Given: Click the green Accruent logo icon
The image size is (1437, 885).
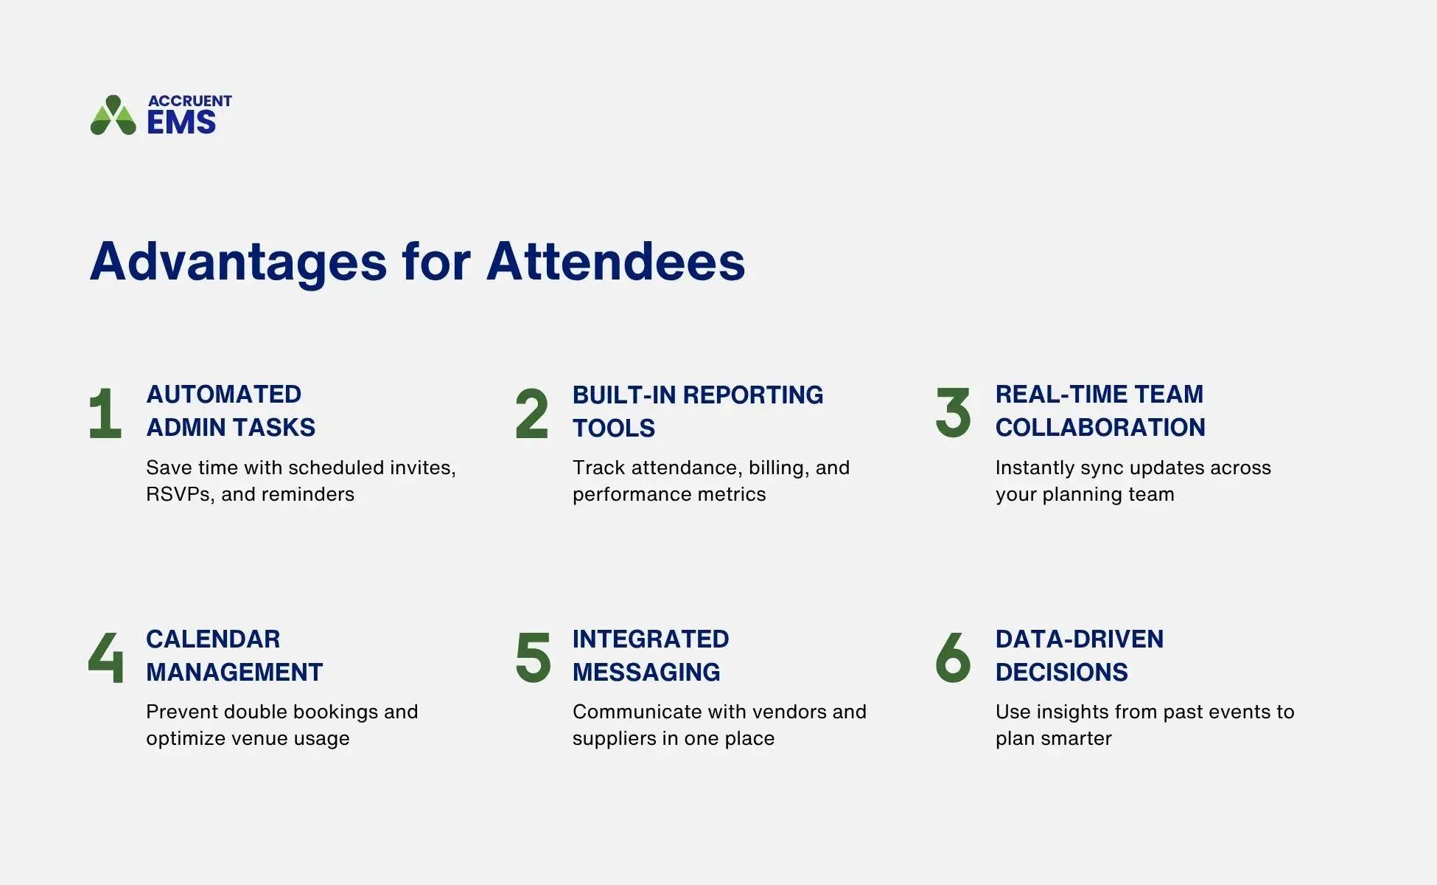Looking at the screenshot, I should point(113,116).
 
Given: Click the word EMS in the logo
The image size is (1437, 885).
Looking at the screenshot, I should point(181,122).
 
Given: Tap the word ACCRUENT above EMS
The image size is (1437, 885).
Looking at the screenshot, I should point(189,101).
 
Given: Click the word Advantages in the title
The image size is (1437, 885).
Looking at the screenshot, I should point(238,262).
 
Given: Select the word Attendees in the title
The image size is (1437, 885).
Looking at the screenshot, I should point(615,262).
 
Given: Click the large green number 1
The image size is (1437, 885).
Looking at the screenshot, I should point(105,414).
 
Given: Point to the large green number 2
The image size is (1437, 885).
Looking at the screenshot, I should point(531,414).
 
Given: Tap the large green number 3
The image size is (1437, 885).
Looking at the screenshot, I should point(953,412).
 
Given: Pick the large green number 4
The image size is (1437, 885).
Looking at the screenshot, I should point(105,656).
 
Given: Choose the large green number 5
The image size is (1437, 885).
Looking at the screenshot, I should point(533,656).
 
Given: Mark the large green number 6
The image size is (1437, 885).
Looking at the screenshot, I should point(953,656).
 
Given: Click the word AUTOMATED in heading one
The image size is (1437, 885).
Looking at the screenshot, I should point(223,395).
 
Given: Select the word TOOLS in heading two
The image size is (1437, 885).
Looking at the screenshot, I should point(613,428).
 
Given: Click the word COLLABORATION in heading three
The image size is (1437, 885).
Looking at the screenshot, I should point(1099,428).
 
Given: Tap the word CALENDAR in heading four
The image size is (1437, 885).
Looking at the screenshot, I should point(212,639).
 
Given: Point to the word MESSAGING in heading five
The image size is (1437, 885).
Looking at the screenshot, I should point(646,673).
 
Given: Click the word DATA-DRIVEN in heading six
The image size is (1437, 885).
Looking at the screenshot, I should point(1079,639).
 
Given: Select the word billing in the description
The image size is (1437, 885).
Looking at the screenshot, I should point(776,468).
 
